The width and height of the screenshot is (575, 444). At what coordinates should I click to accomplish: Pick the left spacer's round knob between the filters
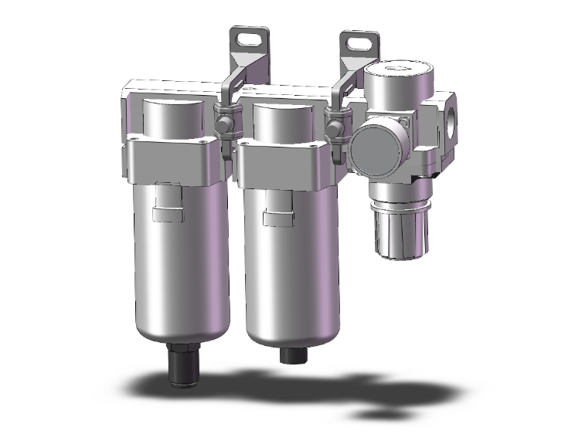223,124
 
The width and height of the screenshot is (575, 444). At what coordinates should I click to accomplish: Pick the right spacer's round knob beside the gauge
334,124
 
